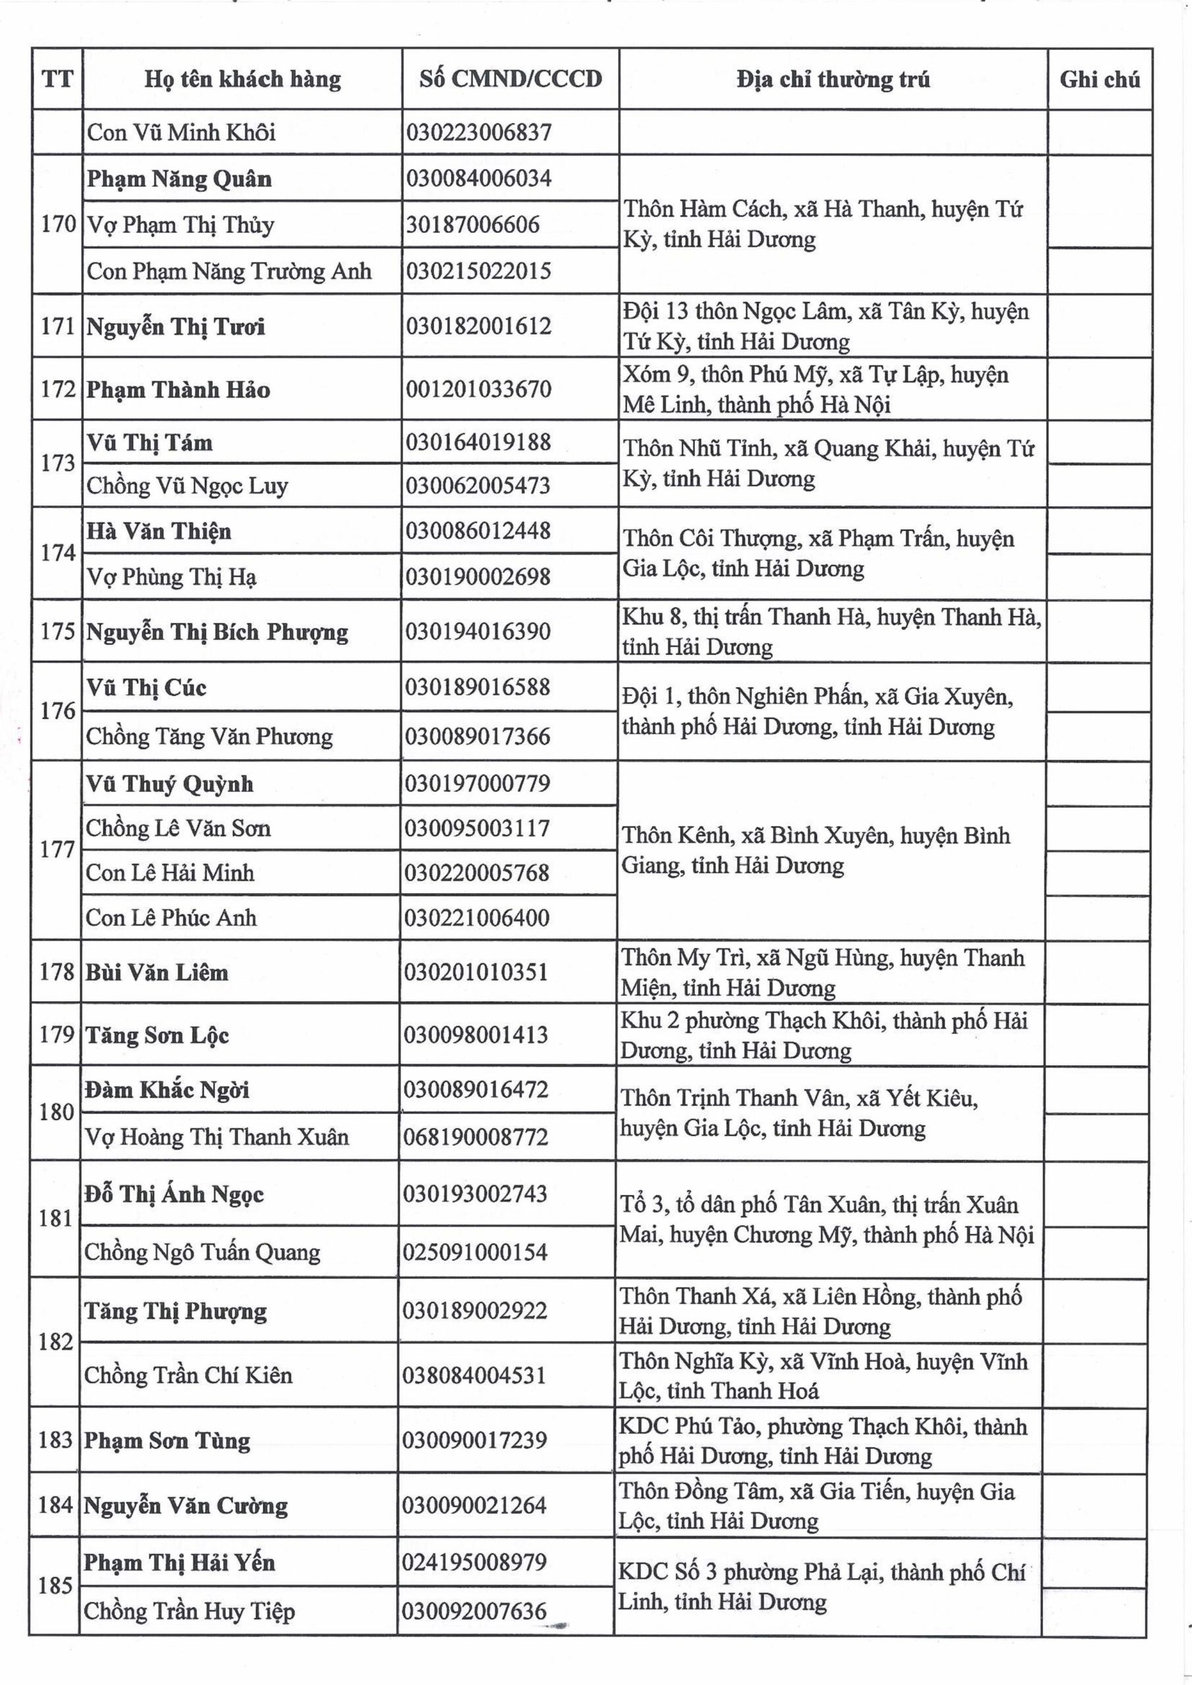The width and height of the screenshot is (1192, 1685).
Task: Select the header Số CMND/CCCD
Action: point(510,79)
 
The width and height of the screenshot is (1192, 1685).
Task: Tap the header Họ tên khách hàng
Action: point(242,79)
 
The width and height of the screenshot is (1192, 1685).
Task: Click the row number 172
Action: point(58,389)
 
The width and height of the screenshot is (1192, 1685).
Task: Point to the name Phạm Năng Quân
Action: point(179,179)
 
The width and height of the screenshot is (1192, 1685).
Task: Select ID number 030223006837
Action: point(479,133)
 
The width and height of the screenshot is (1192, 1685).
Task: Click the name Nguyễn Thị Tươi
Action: point(176,326)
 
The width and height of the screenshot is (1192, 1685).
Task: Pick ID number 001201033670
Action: point(478,389)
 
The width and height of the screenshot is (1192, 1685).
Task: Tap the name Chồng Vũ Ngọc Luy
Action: point(187,486)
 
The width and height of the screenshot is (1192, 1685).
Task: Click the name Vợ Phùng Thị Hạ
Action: point(172,577)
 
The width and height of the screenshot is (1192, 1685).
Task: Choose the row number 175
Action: point(58,631)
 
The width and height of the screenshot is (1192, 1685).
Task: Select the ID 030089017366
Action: point(477,736)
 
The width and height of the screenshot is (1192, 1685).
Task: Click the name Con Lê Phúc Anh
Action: point(171,918)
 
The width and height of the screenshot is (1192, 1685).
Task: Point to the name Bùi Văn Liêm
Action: point(157,972)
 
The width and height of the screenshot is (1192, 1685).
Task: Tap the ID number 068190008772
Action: point(476,1137)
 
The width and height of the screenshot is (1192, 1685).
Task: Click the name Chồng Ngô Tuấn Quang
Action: point(202,1252)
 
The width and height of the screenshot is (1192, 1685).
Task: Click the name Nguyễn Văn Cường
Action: point(185,1505)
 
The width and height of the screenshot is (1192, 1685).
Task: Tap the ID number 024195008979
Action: point(474,1562)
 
